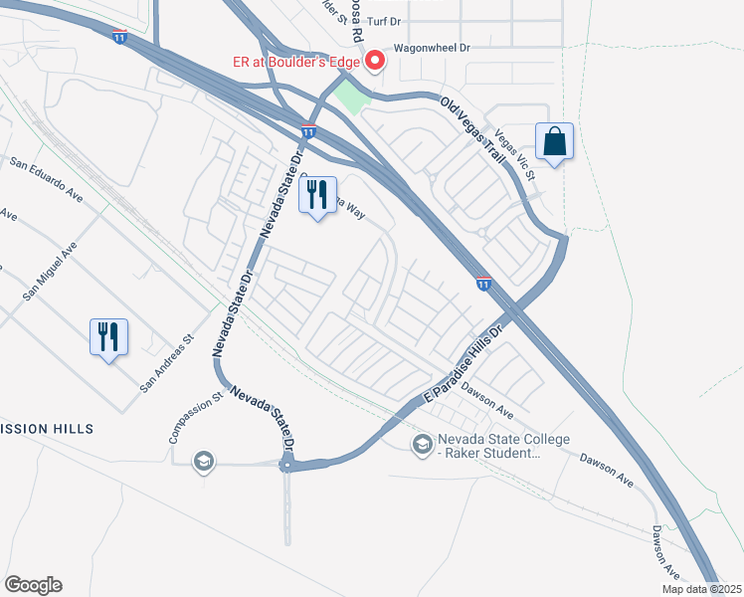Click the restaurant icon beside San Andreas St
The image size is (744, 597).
[109, 336]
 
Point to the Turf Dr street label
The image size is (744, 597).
[386, 20]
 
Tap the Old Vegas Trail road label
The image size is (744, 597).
[474, 128]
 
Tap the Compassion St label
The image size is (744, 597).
[192, 420]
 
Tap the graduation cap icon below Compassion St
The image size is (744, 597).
[204, 461]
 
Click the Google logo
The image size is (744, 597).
[33, 585]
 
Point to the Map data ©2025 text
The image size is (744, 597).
[702, 589]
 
